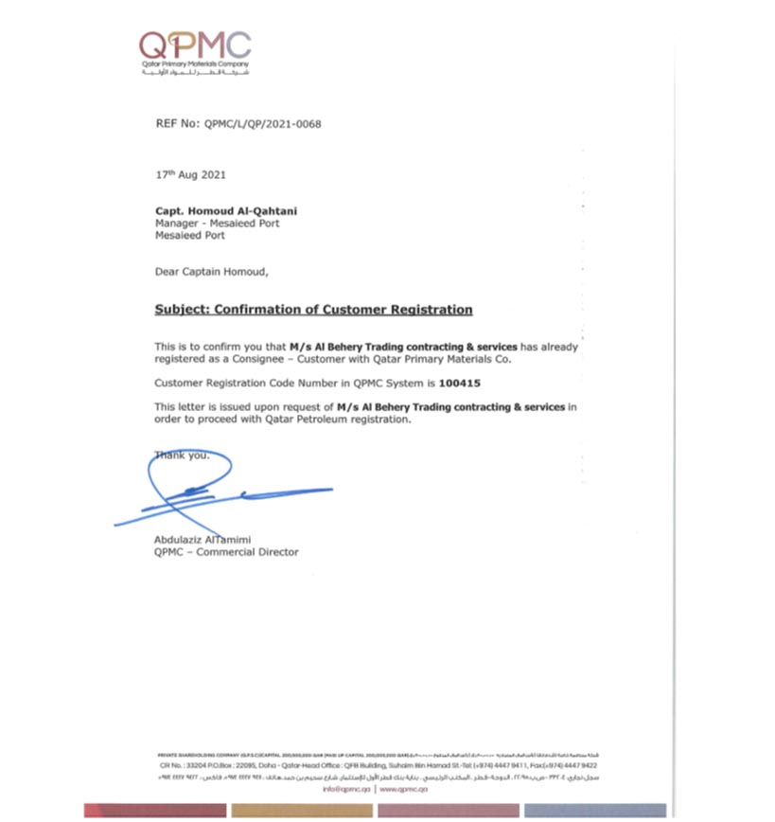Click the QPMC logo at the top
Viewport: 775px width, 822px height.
[195, 45]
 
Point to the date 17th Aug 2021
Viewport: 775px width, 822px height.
[190, 175]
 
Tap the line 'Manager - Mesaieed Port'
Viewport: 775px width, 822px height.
[217, 224]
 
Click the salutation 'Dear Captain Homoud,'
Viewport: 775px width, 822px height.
[211, 272]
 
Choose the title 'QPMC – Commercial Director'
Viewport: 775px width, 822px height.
[225, 552]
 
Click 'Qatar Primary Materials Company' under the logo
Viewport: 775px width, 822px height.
[195, 63]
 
